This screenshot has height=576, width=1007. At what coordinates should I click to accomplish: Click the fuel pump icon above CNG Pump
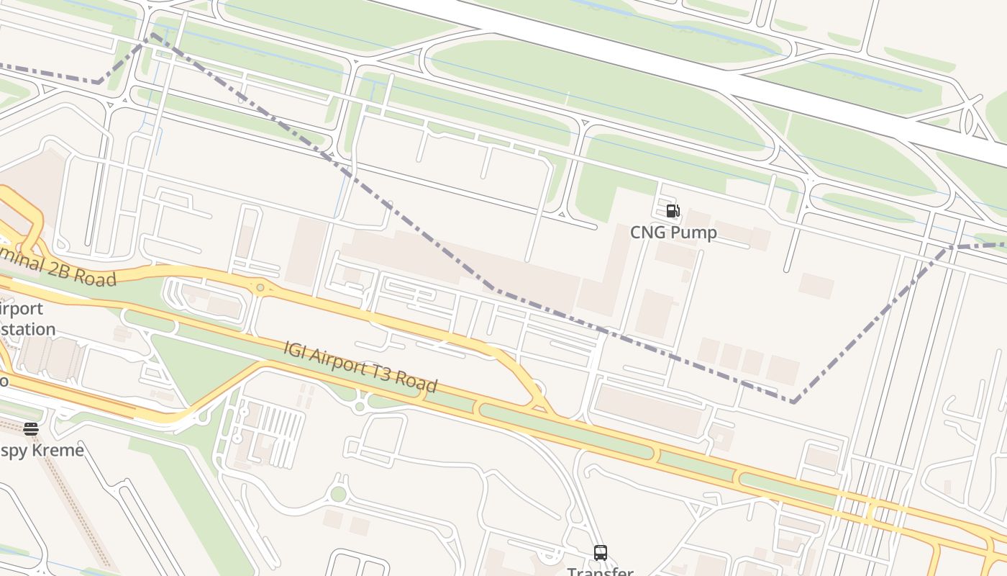[x=673, y=211]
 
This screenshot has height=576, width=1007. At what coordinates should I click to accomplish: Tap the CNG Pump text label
[x=673, y=233]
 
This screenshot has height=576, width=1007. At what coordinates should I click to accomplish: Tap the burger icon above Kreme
[x=31, y=429]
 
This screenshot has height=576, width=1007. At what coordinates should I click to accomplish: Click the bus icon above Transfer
[x=601, y=553]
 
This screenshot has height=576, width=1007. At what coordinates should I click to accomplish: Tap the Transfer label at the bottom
[x=601, y=571]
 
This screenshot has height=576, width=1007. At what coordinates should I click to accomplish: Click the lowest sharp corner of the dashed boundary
[x=793, y=402]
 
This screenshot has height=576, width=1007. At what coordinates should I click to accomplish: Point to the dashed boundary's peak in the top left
[x=152, y=34]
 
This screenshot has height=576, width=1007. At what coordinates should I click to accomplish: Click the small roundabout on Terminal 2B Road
[x=260, y=287]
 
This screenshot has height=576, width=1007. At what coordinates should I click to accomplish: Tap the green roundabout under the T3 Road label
[x=360, y=407]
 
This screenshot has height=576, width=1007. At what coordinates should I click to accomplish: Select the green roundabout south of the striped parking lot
[x=337, y=494]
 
